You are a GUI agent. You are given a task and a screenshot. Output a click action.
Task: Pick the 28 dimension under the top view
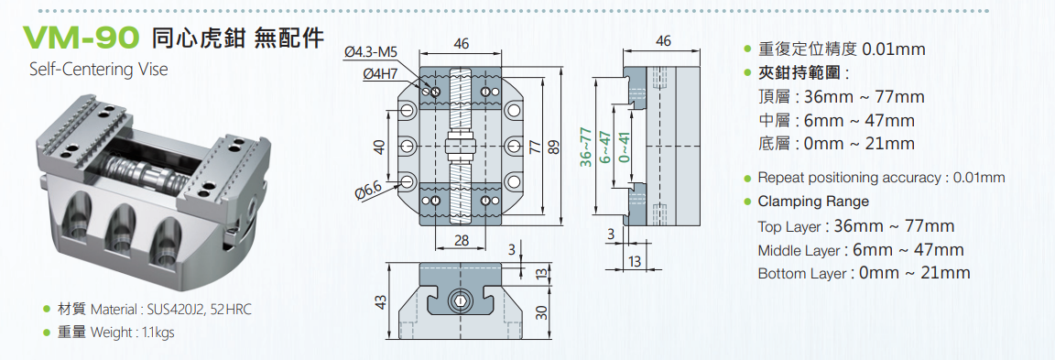tap(461, 240)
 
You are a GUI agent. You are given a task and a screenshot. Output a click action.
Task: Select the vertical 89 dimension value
tap(554, 147)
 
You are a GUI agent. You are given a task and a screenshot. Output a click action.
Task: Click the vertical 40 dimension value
tap(380, 147)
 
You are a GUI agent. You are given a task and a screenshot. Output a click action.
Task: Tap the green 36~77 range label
tap(586, 147)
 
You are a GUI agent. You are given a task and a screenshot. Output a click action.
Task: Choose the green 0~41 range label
tap(625, 147)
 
